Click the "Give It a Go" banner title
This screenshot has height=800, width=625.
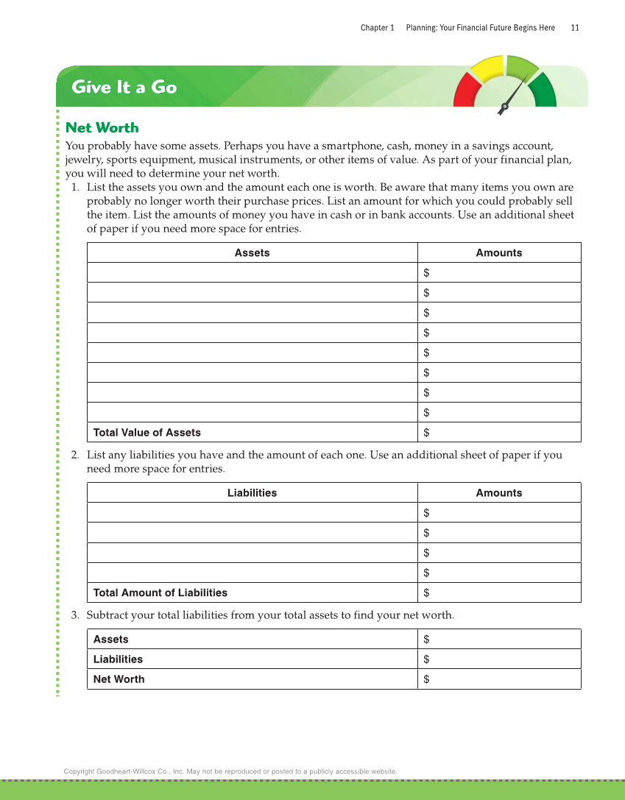click(x=124, y=87)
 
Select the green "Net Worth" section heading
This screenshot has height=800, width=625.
click(x=102, y=127)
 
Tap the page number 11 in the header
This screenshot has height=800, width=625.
click(x=575, y=28)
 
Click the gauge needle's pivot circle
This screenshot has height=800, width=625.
click(x=504, y=110)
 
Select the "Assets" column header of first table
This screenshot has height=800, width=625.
click(x=252, y=253)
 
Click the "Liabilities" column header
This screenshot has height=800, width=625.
click(x=252, y=493)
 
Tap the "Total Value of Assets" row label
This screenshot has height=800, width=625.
click(x=147, y=433)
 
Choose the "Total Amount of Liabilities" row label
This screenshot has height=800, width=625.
click(x=160, y=592)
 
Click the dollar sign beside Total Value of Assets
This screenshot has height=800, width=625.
click(x=427, y=433)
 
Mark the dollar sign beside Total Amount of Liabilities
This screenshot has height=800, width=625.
click(x=427, y=592)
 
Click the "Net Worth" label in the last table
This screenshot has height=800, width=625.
click(x=119, y=679)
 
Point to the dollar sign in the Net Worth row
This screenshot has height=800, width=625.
click(x=427, y=679)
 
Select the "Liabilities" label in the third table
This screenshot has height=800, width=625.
click(x=118, y=659)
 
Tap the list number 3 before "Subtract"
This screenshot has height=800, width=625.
click(x=75, y=615)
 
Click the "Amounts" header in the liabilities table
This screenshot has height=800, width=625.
click(x=499, y=493)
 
